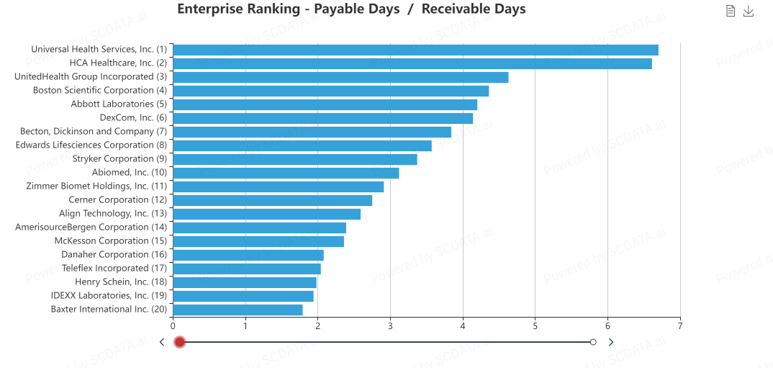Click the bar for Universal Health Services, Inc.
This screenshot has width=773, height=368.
click(415, 50)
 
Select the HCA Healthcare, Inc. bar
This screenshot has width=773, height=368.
click(412, 63)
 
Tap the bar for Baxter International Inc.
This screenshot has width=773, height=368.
click(238, 310)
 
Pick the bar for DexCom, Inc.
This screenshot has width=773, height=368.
click(322, 118)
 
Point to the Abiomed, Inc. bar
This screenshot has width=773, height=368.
click(286, 173)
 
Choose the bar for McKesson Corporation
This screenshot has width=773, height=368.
click(258, 241)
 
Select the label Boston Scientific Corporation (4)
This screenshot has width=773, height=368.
click(100, 90)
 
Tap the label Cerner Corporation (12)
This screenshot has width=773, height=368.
click(118, 199)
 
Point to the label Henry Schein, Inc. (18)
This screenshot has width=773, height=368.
click(121, 282)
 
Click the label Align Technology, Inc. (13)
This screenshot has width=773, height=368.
click(113, 213)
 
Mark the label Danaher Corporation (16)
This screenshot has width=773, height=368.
click(114, 254)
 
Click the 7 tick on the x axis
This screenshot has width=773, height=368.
click(680, 325)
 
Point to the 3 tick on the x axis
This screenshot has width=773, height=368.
click(390, 325)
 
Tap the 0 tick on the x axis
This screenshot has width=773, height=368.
click(173, 325)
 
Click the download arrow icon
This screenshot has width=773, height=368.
click(749, 11)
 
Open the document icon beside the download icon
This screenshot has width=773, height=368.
click(731, 11)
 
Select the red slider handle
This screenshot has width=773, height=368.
click(180, 342)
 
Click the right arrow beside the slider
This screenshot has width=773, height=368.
click(611, 342)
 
